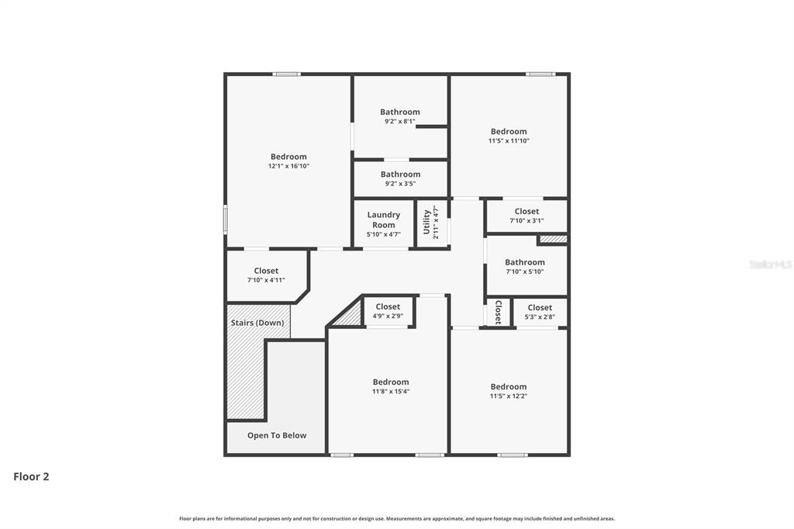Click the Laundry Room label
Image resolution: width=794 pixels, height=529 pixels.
click(383, 220)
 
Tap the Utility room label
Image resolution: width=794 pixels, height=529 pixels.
click(426, 223)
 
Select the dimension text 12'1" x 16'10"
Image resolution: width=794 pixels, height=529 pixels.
click(288, 166)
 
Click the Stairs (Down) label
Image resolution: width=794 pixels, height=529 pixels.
click(257, 323)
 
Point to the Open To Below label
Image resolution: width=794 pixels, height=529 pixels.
click(277, 436)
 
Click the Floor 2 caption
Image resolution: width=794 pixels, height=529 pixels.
click(31, 477)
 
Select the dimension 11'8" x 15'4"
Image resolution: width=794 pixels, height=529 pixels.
click(390, 392)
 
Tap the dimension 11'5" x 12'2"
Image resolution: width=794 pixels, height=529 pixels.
click(508, 396)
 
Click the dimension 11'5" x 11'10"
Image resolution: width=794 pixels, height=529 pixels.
click(509, 141)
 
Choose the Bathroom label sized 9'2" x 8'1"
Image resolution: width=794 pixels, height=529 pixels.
click(400, 112)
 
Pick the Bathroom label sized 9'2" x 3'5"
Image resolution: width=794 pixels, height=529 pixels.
click(400, 175)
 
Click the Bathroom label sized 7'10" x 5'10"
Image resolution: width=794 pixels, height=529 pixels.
click(525, 262)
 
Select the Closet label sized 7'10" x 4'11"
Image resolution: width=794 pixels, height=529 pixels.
click(266, 271)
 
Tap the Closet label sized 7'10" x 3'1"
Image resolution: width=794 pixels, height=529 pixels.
click(526, 211)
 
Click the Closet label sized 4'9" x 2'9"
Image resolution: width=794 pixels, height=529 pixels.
click(388, 307)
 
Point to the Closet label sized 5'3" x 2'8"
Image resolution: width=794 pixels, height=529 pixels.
click(540, 308)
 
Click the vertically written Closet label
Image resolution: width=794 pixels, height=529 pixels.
click(498, 312)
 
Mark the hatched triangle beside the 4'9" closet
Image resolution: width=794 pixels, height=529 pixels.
click(350, 316)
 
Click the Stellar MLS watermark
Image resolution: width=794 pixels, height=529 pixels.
click(770, 264)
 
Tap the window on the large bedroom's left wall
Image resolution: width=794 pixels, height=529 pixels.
click(226, 219)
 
